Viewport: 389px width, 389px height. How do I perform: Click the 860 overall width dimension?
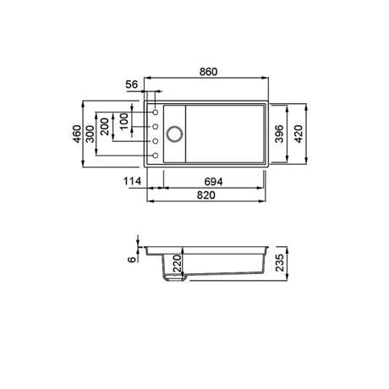click(208, 72)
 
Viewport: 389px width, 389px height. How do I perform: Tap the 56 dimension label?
click(132, 85)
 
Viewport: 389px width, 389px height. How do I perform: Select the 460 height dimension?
click(77, 134)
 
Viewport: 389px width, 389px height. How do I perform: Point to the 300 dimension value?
click(90, 134)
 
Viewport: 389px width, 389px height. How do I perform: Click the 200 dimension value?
click(105, 127)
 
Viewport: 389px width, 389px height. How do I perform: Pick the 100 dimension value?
click(123, 122)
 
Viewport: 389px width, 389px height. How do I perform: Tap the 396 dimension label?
click(279, 134)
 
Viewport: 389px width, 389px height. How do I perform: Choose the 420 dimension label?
click(299, 134)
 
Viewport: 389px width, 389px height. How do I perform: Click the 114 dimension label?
click(132, 181)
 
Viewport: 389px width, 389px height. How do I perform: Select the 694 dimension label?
click(213, 182)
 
